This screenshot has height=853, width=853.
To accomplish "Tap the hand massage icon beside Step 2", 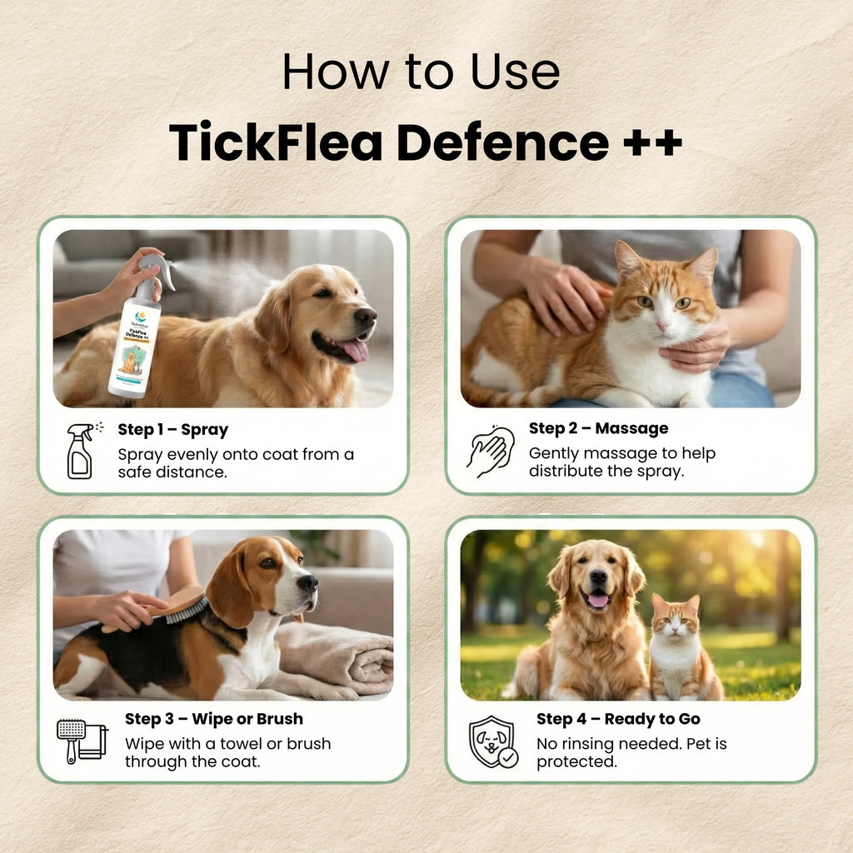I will (491, 451).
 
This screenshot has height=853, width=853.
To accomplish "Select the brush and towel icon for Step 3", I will (82, 741).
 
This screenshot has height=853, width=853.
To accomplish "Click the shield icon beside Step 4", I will (492, 741).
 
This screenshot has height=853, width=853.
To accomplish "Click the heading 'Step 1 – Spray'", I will (172, 430).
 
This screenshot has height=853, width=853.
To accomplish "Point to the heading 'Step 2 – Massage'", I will (598, 428).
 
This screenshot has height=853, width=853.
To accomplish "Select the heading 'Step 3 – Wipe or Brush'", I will (214, 718).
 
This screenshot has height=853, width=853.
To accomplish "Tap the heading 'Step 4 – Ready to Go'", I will (618, 719).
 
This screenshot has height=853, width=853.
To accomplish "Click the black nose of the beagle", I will (309, 582).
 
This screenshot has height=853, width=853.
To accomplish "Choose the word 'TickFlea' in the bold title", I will (275, 142).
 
